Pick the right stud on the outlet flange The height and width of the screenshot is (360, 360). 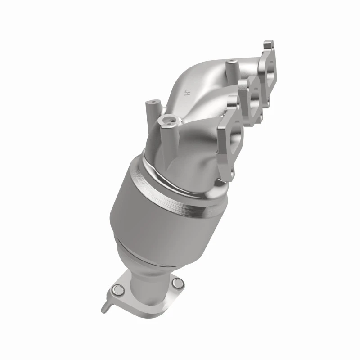178,283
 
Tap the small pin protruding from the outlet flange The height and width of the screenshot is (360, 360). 104,307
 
